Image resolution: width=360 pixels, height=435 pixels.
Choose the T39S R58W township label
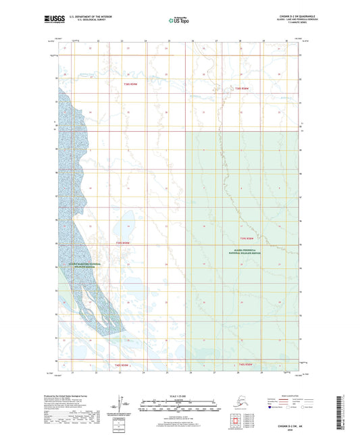pos(249,238)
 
